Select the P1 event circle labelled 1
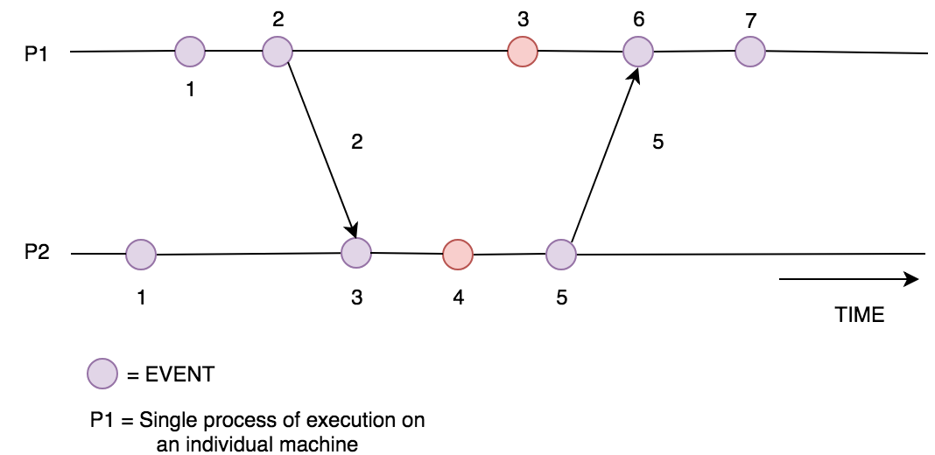(x=190, y=52)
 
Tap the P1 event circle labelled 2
(x=278, y=52)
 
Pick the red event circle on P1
(x=523, y=52)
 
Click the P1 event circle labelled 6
(x=638, y=52)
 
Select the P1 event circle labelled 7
(x=749, y=52)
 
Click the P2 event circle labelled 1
(x=141, y=255)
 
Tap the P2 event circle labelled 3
(x=355, y=253)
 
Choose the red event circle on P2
(x=458, y=255)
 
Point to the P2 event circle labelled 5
(x=560, y=255)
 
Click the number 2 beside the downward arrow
(x=356, y=143)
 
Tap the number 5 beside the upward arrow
(x=657, y=143)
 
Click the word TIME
(x=860, y=315)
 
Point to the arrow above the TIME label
(x=847, y=280)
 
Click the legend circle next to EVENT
(x=102, y=374)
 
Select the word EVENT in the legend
(x=178, y=375)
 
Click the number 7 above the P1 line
(x=749, y=20)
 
